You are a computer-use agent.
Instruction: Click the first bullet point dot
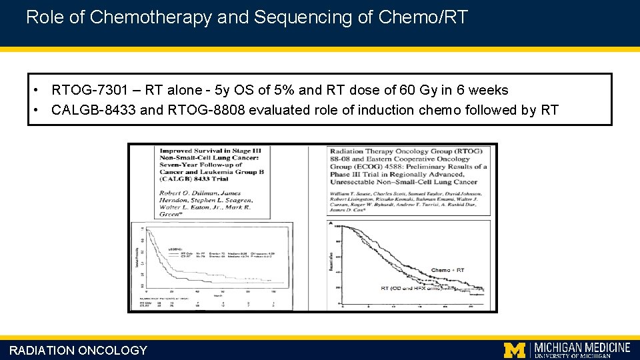click(40, 90)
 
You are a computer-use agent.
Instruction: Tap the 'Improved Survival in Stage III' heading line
click(210, 151)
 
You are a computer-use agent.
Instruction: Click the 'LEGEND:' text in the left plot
click(176, 247)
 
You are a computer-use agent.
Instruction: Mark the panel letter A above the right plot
click(331, 222)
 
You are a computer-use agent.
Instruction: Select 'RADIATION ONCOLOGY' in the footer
click(78, 351)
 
